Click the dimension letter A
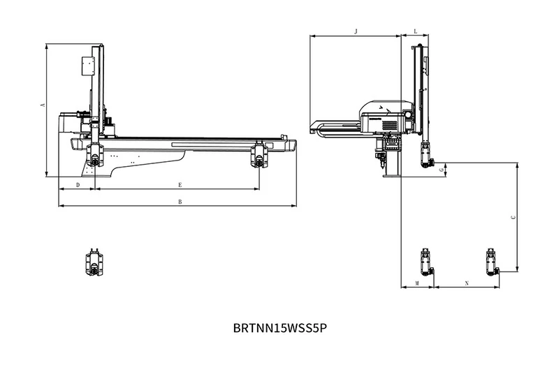click(43, 105)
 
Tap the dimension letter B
click(180, 202)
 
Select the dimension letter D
click(78, 185)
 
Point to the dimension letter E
click(180, 185)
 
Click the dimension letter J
click(356, 31)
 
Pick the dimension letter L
click(415, 31)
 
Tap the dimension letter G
click(442, 170)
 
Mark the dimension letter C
click(514, 217)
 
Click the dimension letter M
click(417, 283)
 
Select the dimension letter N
click(467, 283)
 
